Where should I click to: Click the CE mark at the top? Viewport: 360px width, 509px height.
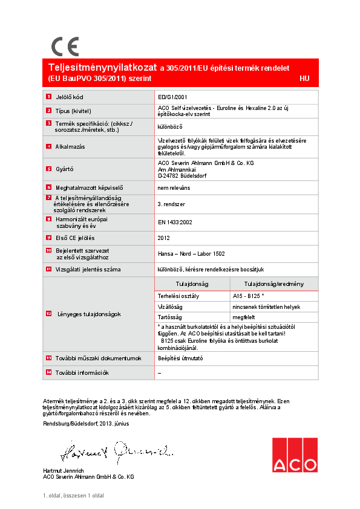click(65, 47)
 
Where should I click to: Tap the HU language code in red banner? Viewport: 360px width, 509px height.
click(304, 79)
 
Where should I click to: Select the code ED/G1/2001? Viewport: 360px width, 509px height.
click(173, 97)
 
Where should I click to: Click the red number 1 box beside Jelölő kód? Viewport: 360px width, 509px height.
click(49, 97)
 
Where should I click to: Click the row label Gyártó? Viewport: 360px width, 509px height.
click(65, 169)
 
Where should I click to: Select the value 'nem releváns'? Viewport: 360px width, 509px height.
click(173, 188)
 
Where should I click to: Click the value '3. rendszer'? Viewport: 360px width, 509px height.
click(171, 205)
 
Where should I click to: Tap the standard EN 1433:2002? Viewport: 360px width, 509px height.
click(175, 222)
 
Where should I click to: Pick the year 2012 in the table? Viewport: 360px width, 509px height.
click(164, 238)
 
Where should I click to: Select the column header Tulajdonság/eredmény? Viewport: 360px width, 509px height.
click(273, 284)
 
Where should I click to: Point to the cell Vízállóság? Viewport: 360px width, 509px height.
click(170, 306)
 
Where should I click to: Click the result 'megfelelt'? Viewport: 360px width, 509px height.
click(243, 317)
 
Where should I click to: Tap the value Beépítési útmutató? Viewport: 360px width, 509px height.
click(180, 358)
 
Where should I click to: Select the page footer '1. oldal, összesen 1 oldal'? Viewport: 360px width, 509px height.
click(73, 496)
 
